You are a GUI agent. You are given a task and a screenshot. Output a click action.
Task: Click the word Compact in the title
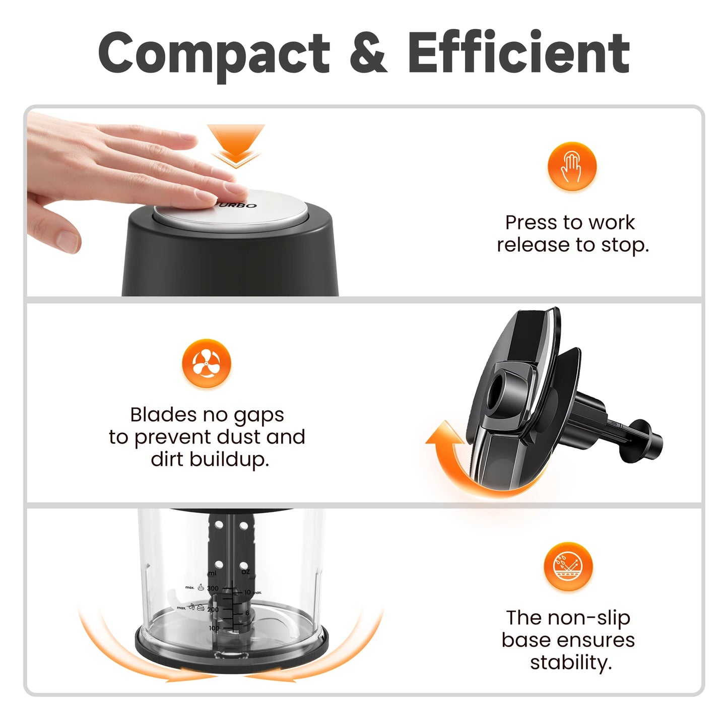[x=214, y=53]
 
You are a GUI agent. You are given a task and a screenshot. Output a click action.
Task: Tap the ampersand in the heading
[x=368, y=53]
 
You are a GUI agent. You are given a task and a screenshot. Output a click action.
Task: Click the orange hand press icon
[x=572, y=167]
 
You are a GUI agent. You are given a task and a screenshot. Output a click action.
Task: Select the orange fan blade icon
[x=207, y=363]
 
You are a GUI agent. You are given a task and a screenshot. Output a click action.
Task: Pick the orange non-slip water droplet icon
[x=568, y=566]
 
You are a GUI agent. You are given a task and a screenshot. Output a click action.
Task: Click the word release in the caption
[x=534, y=245]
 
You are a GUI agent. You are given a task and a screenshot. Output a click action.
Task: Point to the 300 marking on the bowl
[x=213, y=588]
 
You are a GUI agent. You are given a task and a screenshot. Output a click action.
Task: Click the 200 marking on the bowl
[x=213, y=609]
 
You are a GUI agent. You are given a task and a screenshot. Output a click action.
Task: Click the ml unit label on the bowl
[x=212, y=573]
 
